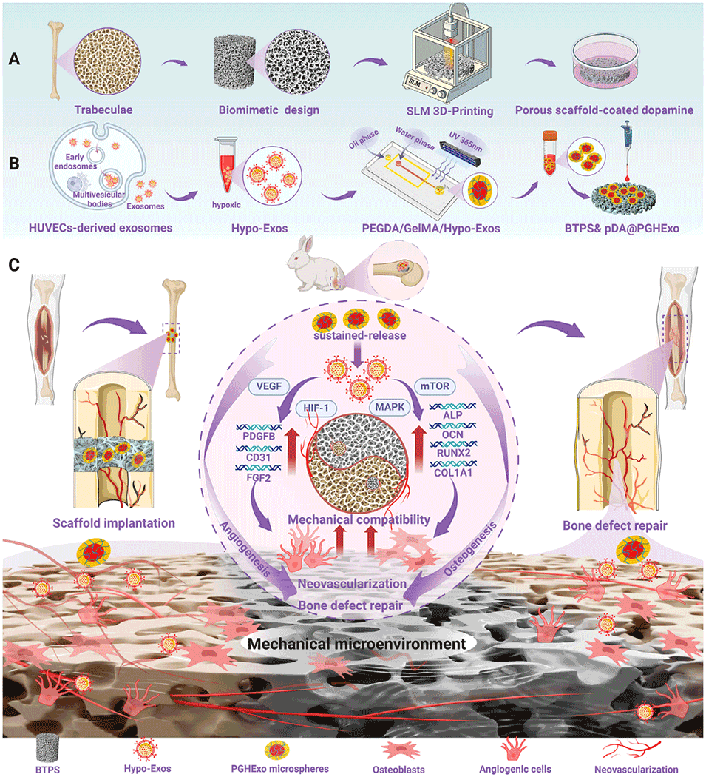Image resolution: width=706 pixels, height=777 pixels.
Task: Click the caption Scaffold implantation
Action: point(114,523)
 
